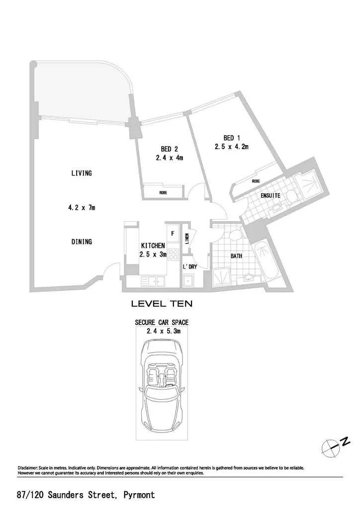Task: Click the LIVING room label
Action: (82, 173)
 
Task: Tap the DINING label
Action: (82, 242)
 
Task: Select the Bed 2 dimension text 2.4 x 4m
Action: (170, 158)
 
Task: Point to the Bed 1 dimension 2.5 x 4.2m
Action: (231, 147)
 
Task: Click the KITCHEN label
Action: (153, 246)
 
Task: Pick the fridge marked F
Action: (173, 234)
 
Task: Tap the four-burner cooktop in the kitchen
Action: (174, 254)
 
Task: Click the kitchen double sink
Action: (153, 281)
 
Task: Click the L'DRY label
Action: (190, 267)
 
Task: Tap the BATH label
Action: (236, 256)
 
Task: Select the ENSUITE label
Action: (270, 195)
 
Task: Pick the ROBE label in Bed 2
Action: (163, 193)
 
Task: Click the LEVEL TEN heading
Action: (162, 304)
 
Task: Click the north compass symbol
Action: (335, 447)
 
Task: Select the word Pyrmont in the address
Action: (139, 495)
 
